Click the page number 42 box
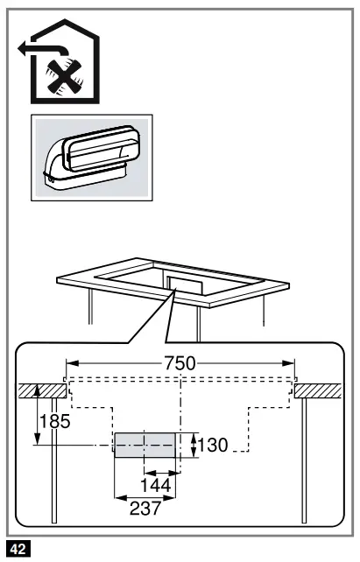[x=18, y=550]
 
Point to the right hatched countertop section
[x=320, y=390]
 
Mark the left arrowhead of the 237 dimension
[x=118, y=496]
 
